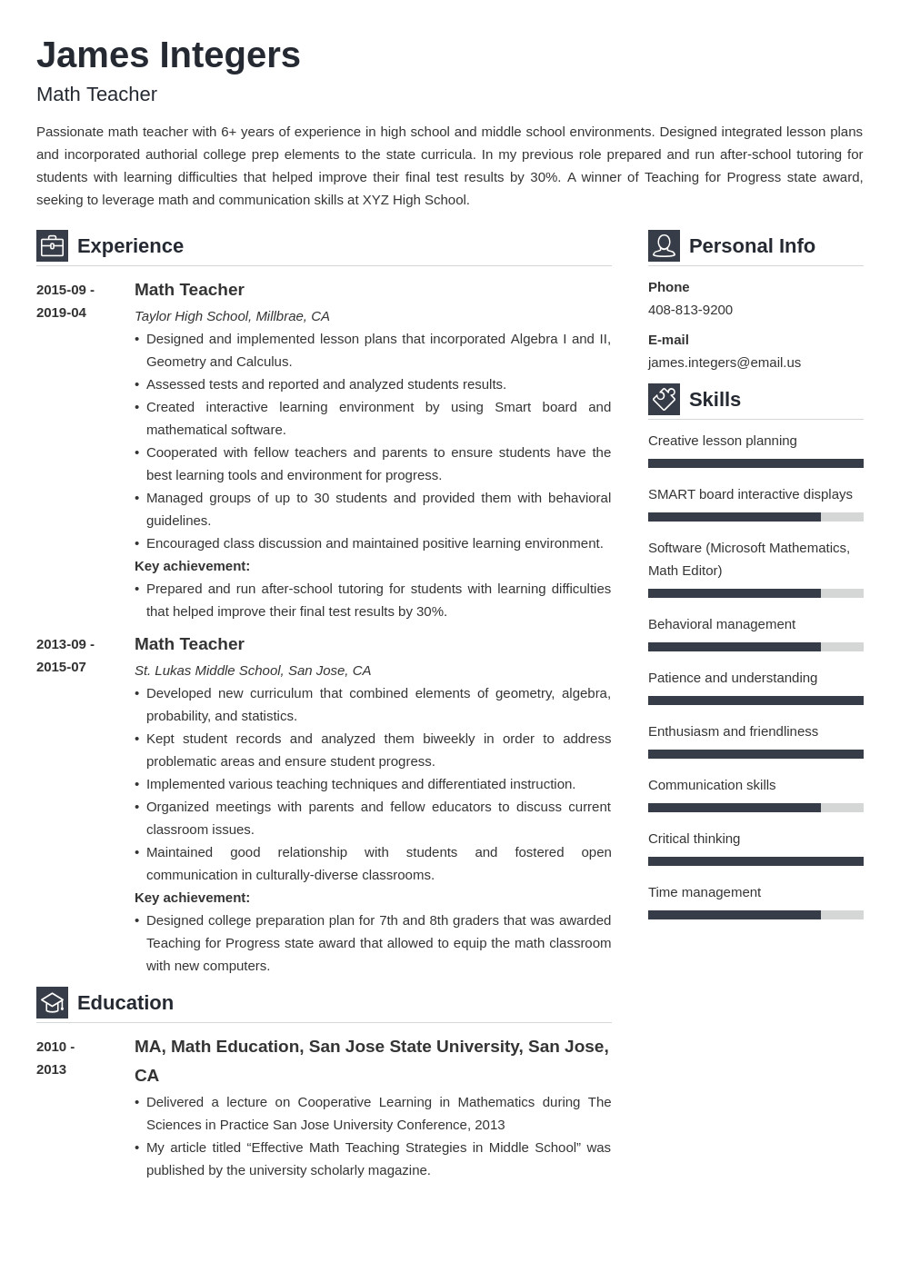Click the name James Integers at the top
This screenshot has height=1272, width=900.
click(x=168, y=55)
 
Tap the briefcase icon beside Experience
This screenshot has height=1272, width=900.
click(x=52, y=245)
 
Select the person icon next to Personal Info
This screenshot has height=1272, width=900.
click(x=664, y=245)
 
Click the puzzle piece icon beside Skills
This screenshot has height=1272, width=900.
click(x=664, y=399)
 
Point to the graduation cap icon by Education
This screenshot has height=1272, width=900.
click(x=52, y=1002)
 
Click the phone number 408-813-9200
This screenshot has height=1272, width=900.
click(x=690, y=310)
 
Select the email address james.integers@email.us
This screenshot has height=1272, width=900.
click(x=724, y=363)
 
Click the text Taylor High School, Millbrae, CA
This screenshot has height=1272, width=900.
click(x=232, y=316)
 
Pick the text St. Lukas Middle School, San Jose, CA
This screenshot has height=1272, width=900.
click(x=253, y=671)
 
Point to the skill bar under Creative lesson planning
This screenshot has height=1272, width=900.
click(x=755, y=463)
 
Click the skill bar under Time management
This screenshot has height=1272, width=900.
click(x=755, y=915)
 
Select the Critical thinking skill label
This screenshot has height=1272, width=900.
click(x=694, y=839)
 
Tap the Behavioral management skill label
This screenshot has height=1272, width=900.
click(x=721, y=624)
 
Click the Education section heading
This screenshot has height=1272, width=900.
click(x=125, y=1003)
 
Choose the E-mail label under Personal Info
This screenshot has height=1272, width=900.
click(x=668, y=340)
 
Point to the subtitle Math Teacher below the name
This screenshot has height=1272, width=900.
click(x=96, y=94)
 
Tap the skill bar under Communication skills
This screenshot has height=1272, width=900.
click(x=755, y=808)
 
